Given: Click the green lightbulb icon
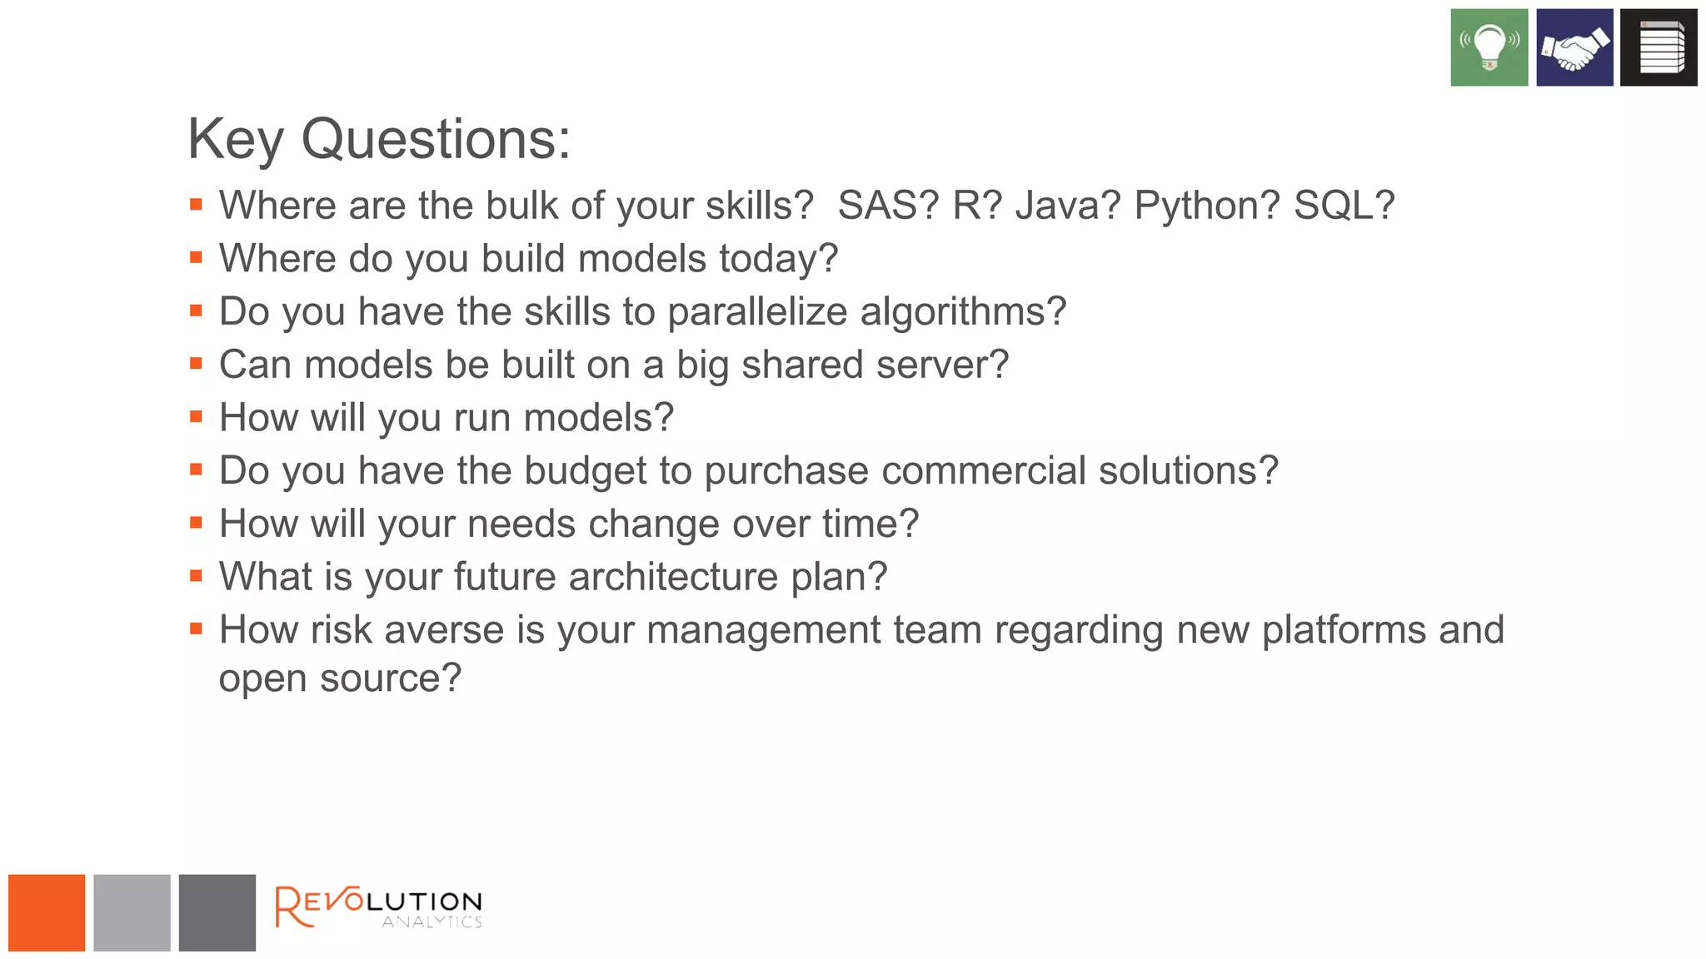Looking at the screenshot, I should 1489,47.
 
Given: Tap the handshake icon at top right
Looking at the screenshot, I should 1574,47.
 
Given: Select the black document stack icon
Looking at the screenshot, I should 1658,47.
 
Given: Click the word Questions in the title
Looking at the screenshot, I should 435,139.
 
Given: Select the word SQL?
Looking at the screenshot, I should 1344,206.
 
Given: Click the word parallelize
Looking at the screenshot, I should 757,312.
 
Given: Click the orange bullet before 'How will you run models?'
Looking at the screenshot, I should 197,417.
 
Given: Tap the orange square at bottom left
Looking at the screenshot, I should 47,912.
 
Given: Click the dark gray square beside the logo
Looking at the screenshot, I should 217,912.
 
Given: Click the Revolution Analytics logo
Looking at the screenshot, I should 378,907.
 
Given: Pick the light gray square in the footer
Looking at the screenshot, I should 132,912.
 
